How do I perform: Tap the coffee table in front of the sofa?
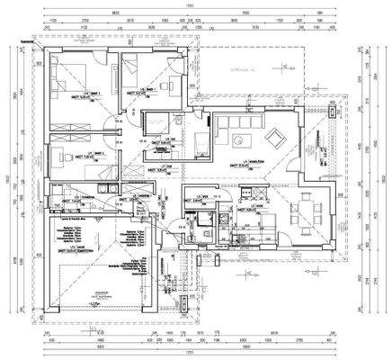point(240,139)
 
